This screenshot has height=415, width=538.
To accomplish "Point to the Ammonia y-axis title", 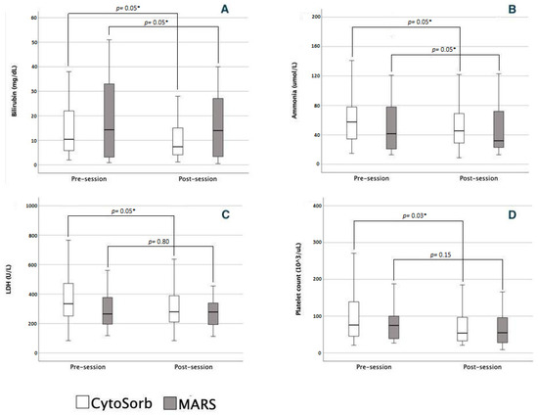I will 282,91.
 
